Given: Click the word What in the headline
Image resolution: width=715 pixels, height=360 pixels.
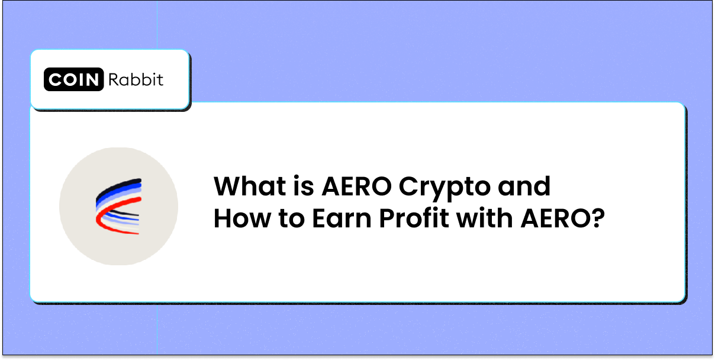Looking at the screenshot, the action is point(249,186).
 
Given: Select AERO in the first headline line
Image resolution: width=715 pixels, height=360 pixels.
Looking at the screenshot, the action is point(356,186).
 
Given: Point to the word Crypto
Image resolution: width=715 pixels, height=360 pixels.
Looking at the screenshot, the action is point(445,188).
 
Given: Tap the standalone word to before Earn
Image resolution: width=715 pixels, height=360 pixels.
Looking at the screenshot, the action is point(291,220).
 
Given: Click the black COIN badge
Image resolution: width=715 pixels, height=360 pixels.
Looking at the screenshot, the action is point(74,79).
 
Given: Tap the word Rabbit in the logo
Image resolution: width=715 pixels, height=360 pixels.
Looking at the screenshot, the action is point(136,79).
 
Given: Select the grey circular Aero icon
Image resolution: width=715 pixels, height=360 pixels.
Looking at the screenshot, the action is point(118,206).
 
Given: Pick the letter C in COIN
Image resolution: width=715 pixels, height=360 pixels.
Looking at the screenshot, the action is point(55,79).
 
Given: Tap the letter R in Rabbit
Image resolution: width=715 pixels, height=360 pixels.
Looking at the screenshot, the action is point(114,79).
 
